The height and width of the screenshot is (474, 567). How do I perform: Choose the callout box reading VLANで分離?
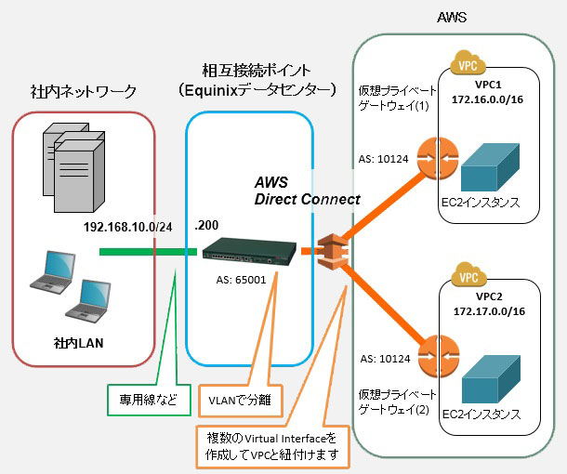click(232, 401)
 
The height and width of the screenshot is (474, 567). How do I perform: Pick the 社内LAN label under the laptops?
click(79, 343)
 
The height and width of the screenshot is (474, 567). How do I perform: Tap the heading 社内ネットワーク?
click(83, 91)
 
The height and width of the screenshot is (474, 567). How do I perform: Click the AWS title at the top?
click(452, 18)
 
